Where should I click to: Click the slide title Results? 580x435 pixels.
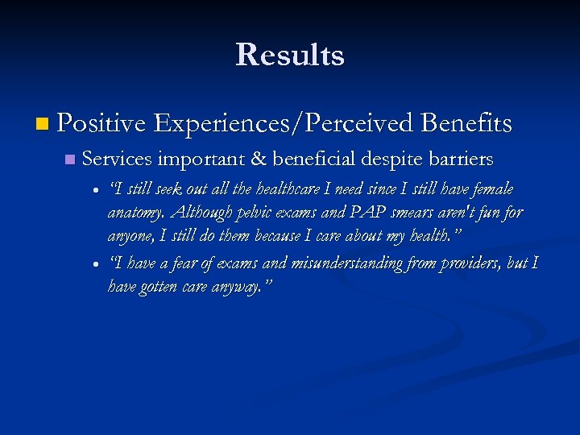(x=290, y=55)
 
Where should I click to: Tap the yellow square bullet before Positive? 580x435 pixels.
(x=42, y=124)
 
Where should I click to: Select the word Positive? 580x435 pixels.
(x=101, y=123)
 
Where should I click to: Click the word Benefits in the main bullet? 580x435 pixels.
(x=467, y=123)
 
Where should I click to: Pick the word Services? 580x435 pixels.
(x=118, y=159)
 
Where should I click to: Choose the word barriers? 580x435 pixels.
(x=461, y=159)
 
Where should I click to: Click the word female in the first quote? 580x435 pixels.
(x=492, y=188)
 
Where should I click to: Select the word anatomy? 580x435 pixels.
(x=136, y=213)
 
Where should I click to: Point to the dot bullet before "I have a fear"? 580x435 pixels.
(x=96, y=264)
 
